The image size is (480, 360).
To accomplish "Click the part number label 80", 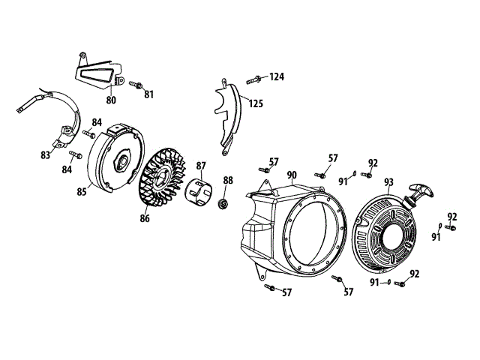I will pos(111,100).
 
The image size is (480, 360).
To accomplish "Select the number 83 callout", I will pos(46,155).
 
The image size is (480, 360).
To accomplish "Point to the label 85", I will pos(82,191).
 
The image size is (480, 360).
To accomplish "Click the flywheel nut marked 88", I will pos(222,202).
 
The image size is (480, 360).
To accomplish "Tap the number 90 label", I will pos(292,175).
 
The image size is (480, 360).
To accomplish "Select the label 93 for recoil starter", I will pos(388,181).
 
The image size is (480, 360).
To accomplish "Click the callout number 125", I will pos(256,103).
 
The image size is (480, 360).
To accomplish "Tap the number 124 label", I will pos(277,77).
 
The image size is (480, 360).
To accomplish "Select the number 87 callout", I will pos(201,166).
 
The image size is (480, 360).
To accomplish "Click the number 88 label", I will pos(228,180).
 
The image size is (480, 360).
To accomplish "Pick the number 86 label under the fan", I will pos(144,218).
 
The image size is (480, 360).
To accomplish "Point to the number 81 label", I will pos(148,94).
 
